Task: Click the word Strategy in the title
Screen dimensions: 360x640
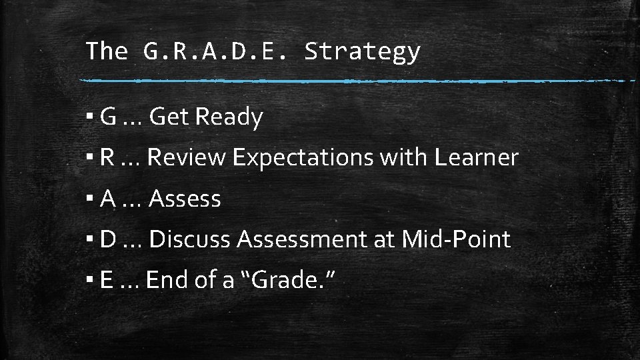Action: [x=362, y=51]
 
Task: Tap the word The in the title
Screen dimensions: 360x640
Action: [x=107, y=51]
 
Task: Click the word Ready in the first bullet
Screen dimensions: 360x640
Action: [x=229, y=118]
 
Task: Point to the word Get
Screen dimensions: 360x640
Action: [x=169, y=117]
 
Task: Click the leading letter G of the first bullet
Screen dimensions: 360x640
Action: [x=109, y=117]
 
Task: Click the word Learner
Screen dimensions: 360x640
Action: [x=476, y=158]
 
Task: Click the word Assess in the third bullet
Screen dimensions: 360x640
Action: [x=185, y=199]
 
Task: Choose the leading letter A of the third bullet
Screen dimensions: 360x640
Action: [x=108, y=199]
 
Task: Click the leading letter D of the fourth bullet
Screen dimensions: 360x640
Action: [x=109, y=239]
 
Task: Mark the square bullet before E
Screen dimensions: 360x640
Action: [x=89, y=281]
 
